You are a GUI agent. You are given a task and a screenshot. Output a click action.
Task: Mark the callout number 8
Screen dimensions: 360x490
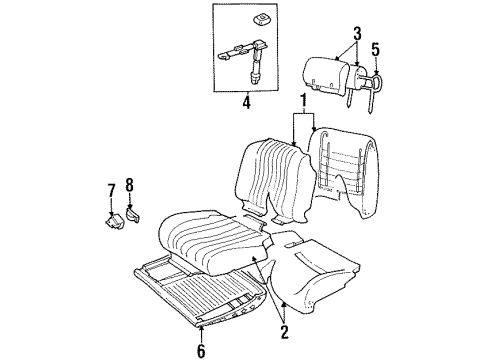tap(129, 186)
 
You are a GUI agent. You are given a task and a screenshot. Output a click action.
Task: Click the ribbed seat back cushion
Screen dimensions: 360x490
tap(268, 182)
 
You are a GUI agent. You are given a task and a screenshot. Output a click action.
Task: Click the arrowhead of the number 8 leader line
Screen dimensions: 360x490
tap(132, 204)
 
